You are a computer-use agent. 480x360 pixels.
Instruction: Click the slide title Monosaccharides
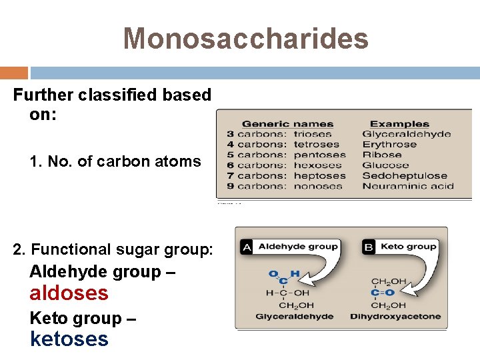tap(245, 38)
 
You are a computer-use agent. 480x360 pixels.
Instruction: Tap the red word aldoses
tap(69, 293)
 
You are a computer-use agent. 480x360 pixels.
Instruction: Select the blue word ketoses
tap(69, 339)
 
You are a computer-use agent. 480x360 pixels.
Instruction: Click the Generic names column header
tap(287, 123)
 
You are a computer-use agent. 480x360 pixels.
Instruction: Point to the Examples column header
tap(399, 123)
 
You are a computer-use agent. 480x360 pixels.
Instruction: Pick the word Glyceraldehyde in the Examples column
tap(406, 134)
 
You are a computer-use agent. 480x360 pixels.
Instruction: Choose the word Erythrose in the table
tap(389, 145)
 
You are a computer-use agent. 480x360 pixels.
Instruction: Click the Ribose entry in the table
tap(381, 155)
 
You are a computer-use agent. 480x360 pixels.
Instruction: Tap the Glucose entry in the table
tap(385, 165)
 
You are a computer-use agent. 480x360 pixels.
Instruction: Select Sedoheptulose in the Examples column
tap(404, 176)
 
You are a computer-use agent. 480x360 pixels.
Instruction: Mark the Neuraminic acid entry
tap(407, 186)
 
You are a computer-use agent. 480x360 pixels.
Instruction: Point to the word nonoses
tap(317, 186)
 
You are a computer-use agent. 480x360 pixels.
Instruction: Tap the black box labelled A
tap(247, 247)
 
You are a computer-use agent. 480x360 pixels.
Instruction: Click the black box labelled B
tap(369, 247)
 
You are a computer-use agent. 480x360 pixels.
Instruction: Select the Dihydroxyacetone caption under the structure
tap(395, 316)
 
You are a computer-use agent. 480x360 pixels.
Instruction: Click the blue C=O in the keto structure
tap(383, 293)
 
